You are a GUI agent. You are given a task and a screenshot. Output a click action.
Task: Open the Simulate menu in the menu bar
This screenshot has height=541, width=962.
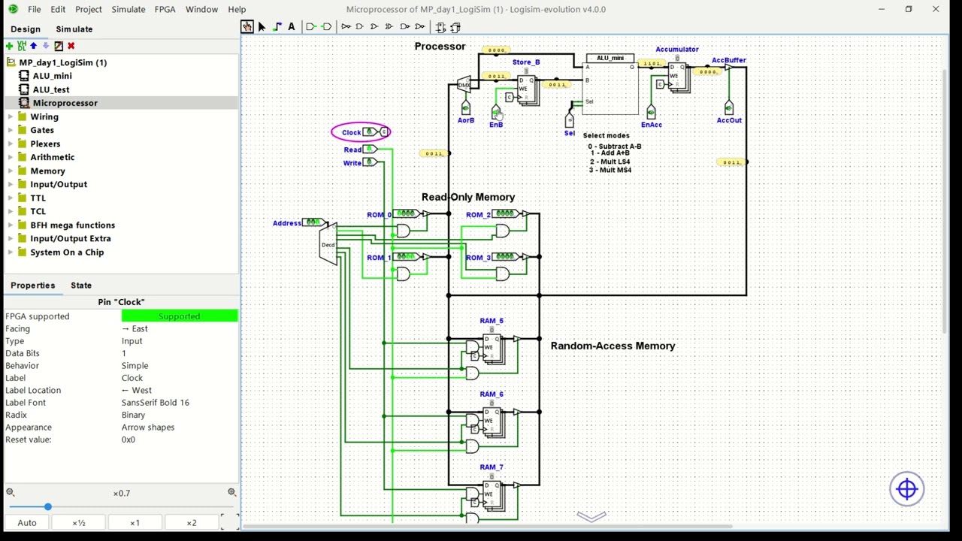coord(128,9)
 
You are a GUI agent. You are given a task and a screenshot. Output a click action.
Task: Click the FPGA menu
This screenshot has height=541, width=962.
coord(165,9)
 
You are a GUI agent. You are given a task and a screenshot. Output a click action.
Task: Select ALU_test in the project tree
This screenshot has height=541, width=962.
coord(51,89)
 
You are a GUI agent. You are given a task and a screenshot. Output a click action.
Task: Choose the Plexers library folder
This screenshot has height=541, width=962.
coord(45,144)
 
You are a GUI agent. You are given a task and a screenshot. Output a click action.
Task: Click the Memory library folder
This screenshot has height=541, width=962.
coord(47,171)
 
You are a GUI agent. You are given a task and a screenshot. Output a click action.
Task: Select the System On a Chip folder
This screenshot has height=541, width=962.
coord(67,252)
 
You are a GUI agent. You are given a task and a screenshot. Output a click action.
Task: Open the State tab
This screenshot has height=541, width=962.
coord(81,286)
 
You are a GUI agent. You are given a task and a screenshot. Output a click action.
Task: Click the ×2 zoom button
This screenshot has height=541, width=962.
coord(191,523)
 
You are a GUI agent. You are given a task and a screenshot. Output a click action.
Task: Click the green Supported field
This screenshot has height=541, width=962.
coord(179,316)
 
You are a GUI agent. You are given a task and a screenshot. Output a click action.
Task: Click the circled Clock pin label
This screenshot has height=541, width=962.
coord(351,132)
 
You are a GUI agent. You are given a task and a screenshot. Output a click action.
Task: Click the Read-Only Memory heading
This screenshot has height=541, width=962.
coord(467,197)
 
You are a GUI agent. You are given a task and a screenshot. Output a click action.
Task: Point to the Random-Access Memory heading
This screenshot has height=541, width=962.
coord(613,346)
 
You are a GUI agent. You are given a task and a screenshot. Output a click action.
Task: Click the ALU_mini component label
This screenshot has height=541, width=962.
coord(610,58)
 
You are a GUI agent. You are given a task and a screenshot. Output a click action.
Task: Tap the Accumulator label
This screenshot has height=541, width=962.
coord(676,50)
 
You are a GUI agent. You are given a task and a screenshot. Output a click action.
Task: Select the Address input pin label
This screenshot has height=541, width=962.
coord(286,223)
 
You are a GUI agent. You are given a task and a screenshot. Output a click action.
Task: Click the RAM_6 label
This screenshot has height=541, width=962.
coord(492,394)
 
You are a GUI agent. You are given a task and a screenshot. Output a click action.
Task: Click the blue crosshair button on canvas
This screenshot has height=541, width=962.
coord(906,489)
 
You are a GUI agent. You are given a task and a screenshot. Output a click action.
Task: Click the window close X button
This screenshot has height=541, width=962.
coord(935,9)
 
